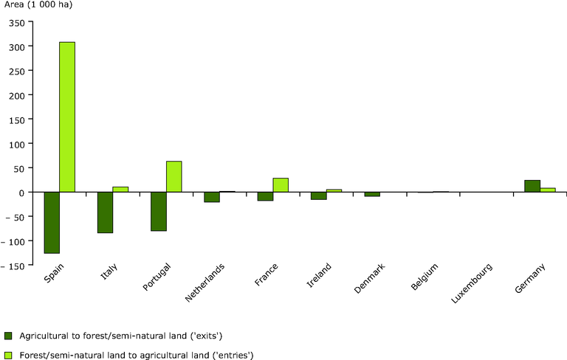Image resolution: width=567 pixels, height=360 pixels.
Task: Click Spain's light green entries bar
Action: [67, 117]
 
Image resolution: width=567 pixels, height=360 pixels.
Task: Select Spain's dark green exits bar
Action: [52, 223]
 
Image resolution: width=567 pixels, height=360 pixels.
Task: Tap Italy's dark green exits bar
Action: [105, 212]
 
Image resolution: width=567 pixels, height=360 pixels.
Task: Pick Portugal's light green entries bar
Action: [174, 177]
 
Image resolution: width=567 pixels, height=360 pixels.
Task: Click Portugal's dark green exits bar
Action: [159, 212]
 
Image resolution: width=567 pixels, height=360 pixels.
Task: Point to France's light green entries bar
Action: [281, 185]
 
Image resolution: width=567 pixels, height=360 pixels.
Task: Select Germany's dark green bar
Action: [532, 186]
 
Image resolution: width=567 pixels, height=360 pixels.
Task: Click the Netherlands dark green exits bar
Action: [212, 197]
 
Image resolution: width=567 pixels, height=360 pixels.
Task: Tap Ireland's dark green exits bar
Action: [319, 196]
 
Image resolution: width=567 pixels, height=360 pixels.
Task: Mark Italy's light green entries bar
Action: [120, 190]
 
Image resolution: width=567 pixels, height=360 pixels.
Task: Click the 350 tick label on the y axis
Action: [17, 24]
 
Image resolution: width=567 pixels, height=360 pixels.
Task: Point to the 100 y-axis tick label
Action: [17, 145]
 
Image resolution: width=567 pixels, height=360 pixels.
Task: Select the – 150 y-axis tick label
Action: [13, 266]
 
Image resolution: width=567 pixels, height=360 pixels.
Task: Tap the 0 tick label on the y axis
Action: [22, 193]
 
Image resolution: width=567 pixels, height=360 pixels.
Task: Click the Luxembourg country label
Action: [472, 283]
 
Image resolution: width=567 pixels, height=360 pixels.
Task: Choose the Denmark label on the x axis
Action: [369, 278]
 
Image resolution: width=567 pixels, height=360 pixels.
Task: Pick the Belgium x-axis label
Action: [425, 277]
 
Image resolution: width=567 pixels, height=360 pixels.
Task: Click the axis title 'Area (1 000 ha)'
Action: [38, 4]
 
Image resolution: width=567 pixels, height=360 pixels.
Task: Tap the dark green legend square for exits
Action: [8, 336]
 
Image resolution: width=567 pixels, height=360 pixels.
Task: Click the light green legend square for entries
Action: [8, 356]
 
